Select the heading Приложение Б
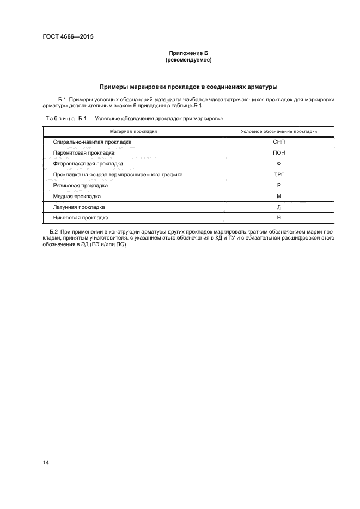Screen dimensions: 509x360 (x=188, y=53)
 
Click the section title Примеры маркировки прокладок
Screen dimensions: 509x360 (x=188, y=87)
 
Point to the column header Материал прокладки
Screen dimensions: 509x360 (x=133, y=131)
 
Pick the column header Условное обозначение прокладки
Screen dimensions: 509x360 (x=279, y=131)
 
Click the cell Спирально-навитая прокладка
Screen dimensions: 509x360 (x=92, y=142)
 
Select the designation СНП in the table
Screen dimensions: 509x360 (x=279, y=142)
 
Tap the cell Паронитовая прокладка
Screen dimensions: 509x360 (x=83, y=152)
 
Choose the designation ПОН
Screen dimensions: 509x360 (x=279, y=152)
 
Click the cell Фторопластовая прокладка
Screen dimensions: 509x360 (x=88, y=163)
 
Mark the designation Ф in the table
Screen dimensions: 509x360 (x=279, y=163)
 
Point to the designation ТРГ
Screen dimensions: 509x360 (x=279, y=174)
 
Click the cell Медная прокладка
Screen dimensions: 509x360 (x=77, y=196)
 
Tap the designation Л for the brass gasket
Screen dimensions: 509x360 (x=279, y=207)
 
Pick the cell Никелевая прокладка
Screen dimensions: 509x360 (x=81, y=217)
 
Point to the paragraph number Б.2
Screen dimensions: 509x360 (x=62, y=232)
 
